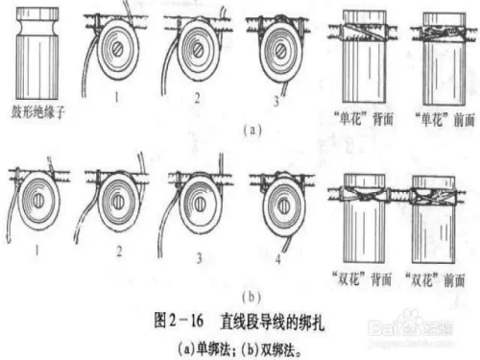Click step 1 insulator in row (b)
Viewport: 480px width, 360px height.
[x=38, y=199]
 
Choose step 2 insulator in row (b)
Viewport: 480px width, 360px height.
[x=119, y=202]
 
